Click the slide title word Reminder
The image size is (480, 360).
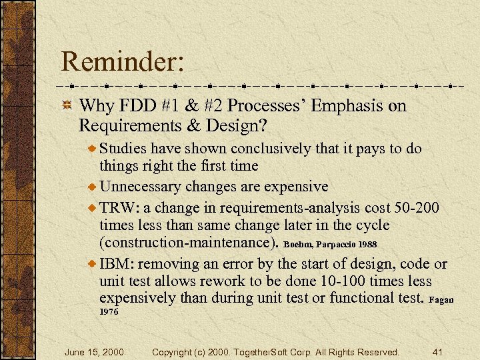(122, 62)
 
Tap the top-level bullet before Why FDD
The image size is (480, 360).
(67, 106)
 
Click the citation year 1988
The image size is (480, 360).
(377, 245)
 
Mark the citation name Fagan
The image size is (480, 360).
(441, 300)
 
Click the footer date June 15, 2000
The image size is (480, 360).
(94, 351)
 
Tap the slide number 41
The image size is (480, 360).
(438, 351)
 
